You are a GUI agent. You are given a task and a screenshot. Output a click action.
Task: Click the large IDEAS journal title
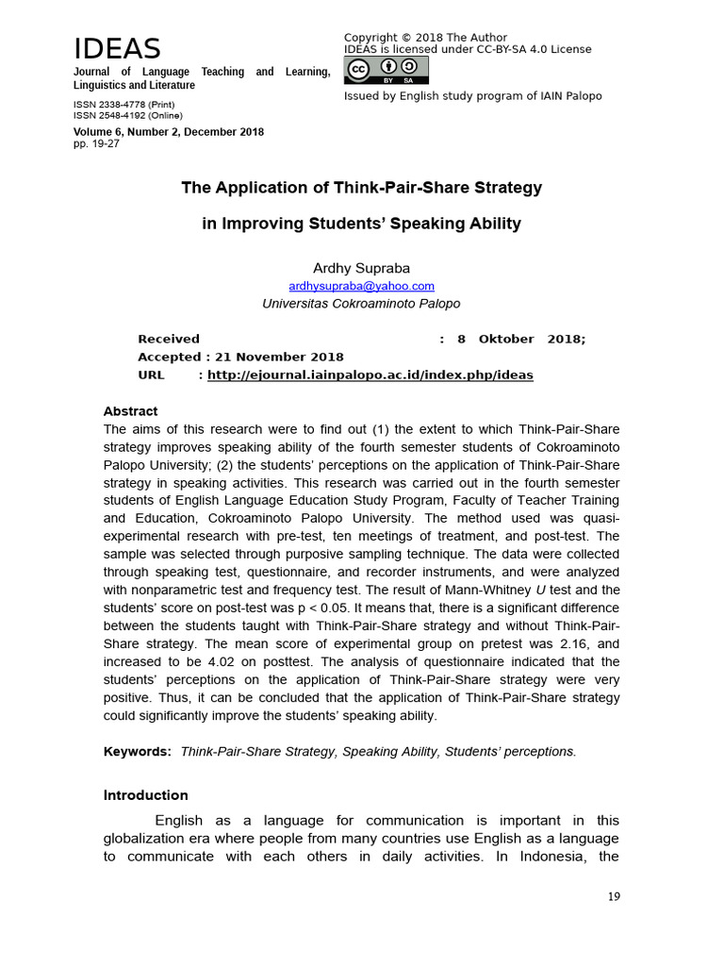pos(118,49)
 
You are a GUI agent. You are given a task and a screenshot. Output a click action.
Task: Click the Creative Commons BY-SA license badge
pos(387,71)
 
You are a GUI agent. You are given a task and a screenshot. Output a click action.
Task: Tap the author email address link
pos(361,286)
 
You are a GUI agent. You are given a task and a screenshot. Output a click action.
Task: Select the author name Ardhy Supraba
pos(361,268)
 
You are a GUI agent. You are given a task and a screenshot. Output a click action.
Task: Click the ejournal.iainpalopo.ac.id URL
pos(370,375)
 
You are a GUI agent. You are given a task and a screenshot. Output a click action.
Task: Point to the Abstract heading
pos(130,411)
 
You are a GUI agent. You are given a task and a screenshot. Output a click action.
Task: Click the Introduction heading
pos(145,795)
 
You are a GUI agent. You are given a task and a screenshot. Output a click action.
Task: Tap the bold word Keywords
pos(137,751)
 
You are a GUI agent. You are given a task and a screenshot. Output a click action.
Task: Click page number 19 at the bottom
pos(614,896)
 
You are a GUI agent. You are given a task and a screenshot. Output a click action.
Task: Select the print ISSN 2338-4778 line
pos(123,105)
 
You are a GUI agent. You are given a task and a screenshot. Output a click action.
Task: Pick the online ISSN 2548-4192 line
pos(126,115)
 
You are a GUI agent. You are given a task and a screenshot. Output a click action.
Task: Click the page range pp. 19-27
pos(96,143)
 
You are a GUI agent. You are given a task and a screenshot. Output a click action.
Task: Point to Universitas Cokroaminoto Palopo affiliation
pos(361,304)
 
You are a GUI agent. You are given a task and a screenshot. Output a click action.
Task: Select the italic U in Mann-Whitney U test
pos(541,590)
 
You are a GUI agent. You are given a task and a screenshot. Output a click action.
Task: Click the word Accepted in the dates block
pos(168,357)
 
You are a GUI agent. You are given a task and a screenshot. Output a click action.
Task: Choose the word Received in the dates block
pos(169,339)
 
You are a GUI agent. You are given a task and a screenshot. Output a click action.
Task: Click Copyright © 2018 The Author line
pos(425,37)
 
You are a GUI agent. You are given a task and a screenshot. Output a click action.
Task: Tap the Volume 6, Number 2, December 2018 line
pos(169,132)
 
